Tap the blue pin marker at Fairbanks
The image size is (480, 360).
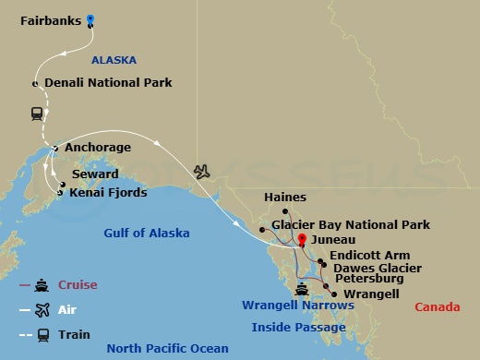click(90, 19)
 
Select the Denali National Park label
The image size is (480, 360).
click(108, 83)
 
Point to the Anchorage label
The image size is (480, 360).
click(97, 147)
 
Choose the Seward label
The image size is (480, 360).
click(94, 174)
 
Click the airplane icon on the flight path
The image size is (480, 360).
click(202, 172)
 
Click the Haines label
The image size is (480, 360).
click(284, 198)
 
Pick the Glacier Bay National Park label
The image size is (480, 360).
click(351, 224)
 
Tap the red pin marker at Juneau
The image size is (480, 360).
click(301, 239)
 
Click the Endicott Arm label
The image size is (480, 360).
click(366, 256)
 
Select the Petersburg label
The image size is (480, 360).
click(369, 278)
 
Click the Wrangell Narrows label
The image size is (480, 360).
click(297, 306)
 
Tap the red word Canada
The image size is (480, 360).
click(437, 306)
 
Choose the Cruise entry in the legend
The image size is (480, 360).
click(76, 285)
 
